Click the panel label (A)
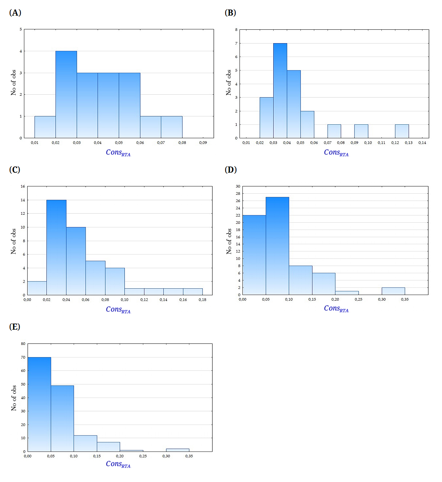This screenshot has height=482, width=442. (15, 13)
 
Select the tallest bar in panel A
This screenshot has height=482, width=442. (66, 94)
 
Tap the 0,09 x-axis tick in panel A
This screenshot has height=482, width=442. (203, 143)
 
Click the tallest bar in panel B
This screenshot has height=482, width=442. (280, 91)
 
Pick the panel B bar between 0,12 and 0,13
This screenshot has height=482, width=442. (402, 131)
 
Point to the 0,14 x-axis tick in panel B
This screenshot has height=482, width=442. (422, 143)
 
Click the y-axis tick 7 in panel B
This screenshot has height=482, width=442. (236, 44)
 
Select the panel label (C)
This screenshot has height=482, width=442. (15, 170)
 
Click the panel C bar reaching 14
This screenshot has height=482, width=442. (56, 247)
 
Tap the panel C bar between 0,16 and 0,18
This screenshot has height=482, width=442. (193, 292)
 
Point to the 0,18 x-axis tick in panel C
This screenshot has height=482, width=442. (202, 300)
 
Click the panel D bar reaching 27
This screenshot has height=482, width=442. (277, 246)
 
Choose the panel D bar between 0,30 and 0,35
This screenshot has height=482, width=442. (393, 291)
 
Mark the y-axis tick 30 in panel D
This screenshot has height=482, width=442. (238, 186)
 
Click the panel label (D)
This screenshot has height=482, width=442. (231, 170)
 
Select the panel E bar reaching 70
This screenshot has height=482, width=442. (39, 404)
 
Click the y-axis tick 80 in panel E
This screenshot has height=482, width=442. (23, 344)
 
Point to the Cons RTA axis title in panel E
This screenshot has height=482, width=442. (118, 464)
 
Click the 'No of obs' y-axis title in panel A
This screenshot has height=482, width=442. (13, 83)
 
